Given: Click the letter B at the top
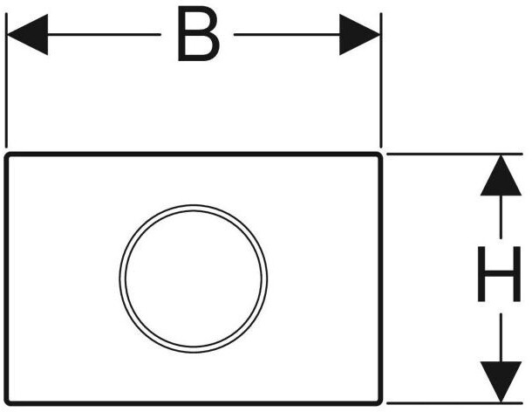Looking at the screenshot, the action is [199, 34].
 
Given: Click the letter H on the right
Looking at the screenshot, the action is [499, 274].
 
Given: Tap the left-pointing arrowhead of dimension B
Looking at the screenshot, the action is [27, 34].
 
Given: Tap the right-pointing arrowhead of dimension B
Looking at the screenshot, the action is [359, 34].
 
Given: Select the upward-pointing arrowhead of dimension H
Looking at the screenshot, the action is [501, 175].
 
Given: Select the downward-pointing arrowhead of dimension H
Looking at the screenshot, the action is [501, 381].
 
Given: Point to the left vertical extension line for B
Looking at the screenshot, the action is [6, 80].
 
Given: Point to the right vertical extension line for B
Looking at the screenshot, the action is [381, 80].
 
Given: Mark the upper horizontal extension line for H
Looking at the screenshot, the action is [454, 154].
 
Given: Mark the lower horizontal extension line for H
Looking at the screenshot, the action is [454, 403].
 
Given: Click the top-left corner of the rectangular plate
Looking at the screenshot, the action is [6, 154].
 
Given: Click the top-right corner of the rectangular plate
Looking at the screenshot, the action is [381, 154].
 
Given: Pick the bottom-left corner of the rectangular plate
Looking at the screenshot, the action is [6, 403].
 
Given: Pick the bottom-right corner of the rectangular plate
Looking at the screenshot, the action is [381, 403].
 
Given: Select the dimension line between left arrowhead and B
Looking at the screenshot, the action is [104, 34].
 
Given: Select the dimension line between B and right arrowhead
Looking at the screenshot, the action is [287, 34].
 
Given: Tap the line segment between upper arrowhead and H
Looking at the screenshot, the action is [501, 216].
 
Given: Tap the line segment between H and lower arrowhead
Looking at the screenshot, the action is [501, 338].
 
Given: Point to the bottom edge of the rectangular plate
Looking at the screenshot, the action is [194, 403].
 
